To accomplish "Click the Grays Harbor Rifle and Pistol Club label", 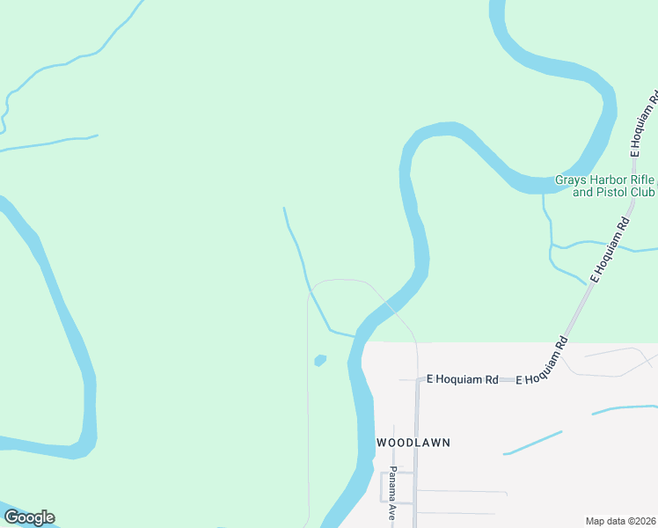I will tap(605, 186).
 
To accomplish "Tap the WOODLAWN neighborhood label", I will tap(413, 442).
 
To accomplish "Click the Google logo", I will tap(28, 517).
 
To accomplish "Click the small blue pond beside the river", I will tap(320, 360).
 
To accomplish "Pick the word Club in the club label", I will tap(643, 192).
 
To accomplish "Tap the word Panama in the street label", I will tap(392, 486).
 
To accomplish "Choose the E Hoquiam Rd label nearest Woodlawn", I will tap(463, 379).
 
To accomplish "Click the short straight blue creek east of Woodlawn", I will tap(533, 443).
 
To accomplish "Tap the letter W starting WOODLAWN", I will tap(383, 442).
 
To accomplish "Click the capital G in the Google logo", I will tap(11, 517).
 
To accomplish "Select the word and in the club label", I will tap(583, 192).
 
